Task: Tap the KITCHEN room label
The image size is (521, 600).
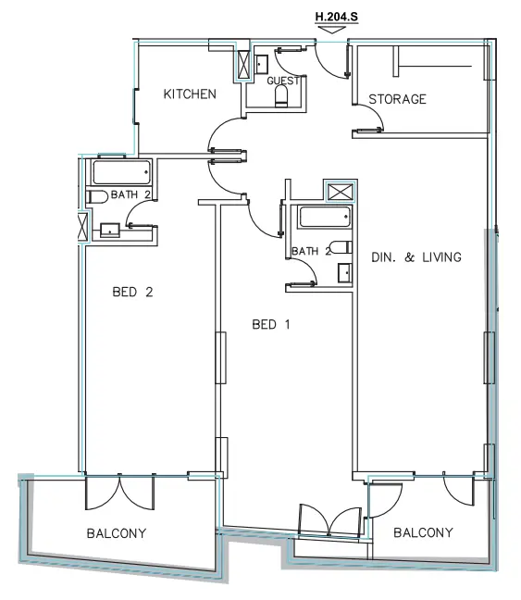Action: [x=190, y=94]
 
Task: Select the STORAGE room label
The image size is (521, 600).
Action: [x=397, y=99]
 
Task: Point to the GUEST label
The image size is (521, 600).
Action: [x=281, y=81]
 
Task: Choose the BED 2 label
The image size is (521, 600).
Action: [x=131, y=292]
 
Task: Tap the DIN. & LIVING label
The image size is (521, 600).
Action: [x=416, y=256]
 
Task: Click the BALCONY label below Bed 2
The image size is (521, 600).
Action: [x=117, y=533]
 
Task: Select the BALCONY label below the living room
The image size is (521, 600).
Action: [x=423, y=532]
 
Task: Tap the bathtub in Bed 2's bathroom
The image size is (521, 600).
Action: [x=120, y=172]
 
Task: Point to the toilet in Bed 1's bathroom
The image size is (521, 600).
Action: [x=341, y=248]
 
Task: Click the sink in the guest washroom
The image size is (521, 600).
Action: [x=261, y=63]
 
